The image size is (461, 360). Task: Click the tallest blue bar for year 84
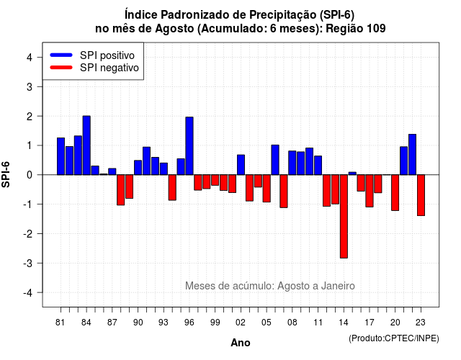(x=86, y=145)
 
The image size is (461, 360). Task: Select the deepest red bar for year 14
(x=344, y=216)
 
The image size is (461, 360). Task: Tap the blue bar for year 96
(x=189, y=145)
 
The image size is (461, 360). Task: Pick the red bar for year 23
(x=421, y=195)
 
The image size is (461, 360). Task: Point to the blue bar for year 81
(x=61, y=156)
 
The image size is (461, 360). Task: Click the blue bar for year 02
(x=241, y=165)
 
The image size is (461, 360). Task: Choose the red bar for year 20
(x=395, y=192)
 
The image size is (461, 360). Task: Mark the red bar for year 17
(x=370, y=191)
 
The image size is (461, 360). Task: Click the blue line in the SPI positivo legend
(x=61, y=55)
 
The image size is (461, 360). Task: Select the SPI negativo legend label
(x=109, y=68)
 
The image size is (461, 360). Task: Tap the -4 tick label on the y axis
(x=28, y=293)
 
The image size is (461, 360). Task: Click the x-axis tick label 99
(x=215, y=323)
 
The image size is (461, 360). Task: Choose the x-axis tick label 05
(x=267, y=323)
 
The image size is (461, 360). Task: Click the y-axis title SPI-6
(x=6, y=174)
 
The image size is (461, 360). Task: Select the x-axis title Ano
(x=241, y=343)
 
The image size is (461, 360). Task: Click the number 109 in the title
(x=376, y=28)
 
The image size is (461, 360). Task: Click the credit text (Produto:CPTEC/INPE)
(x=394, y=338)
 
